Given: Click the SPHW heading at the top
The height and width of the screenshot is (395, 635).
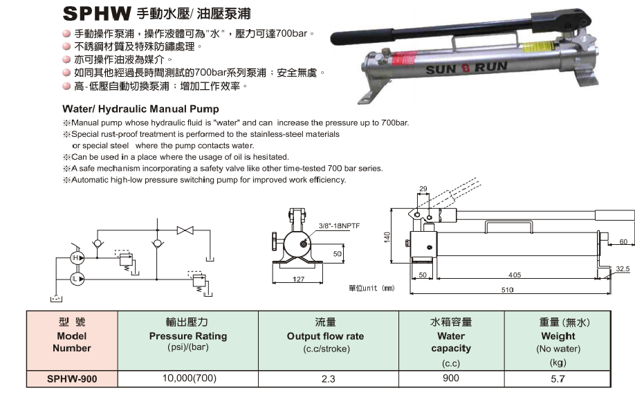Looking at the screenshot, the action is [97, 13].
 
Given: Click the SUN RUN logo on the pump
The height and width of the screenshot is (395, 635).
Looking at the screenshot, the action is [466, 68].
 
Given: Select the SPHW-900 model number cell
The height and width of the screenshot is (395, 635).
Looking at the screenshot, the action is [72, 379].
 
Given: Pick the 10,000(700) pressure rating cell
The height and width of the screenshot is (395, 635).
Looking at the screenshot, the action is [189, 378].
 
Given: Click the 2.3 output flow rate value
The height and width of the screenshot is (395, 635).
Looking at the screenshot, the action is [328, 379].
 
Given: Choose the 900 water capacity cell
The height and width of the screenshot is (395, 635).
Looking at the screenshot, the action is [451, 378].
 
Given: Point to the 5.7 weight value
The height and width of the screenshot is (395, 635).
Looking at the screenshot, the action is [558, 379].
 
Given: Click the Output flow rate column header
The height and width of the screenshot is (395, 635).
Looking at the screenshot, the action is [326, 336].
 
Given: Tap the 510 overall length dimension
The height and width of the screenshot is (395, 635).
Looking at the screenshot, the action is [508, 290].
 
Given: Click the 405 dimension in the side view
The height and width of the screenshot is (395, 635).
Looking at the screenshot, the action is [515, 275].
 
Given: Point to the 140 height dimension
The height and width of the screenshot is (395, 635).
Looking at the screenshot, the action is [387, 237].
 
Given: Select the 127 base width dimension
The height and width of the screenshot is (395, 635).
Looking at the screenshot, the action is [298, 279].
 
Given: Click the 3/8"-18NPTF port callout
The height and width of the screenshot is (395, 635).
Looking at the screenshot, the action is [339, 226].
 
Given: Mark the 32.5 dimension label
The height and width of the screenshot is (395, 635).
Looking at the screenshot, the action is [623, 268].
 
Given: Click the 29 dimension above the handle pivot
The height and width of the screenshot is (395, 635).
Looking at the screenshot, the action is [423, 188].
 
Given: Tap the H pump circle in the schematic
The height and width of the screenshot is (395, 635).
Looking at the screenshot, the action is [77, 258].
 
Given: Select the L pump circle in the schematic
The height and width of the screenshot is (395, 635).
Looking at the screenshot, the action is [77, 279].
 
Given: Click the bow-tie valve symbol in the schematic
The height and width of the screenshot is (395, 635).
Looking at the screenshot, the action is [185, 230].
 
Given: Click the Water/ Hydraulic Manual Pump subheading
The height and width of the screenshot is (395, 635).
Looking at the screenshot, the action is [140, 109].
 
